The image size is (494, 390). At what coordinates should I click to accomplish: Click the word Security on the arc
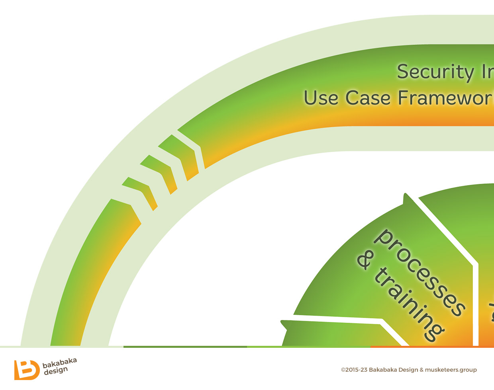(435, 72)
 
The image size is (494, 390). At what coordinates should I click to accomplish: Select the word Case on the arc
(368, 98)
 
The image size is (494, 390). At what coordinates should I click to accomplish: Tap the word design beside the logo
(56, 371)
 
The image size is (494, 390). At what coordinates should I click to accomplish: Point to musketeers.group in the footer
(451, 370)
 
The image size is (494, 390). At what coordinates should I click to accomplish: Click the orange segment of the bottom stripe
(432, 347)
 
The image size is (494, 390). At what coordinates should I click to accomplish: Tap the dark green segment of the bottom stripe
(185, 347)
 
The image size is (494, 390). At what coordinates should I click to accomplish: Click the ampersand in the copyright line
(421, 370)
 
